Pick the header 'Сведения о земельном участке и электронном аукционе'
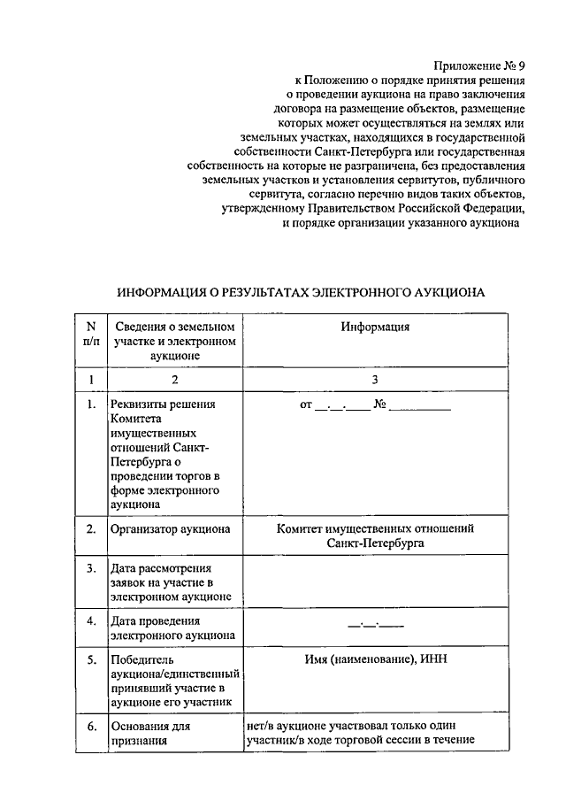pyautogui.click(x=174, y=341)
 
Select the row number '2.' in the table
pyautogui.click(x=90, y=529)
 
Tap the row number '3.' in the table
pyautogui.click(x=90, y=567)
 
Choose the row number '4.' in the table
pyautogui.click(x=90, y=620)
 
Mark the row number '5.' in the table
pyautogui.click(x=90, y=659)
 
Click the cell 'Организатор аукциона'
pyautogui.click(x=170, y=529)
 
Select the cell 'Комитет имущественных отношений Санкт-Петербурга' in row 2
pyautogui.click(x=375, y=536)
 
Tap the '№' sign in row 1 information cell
pyautogui.click(x=381, y=406)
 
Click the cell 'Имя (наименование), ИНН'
pyautogui.click(x=375, y=659)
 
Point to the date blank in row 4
pyautogui.click(x=375, y=623)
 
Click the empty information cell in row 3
pyautogui.click(x=375, y=581)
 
